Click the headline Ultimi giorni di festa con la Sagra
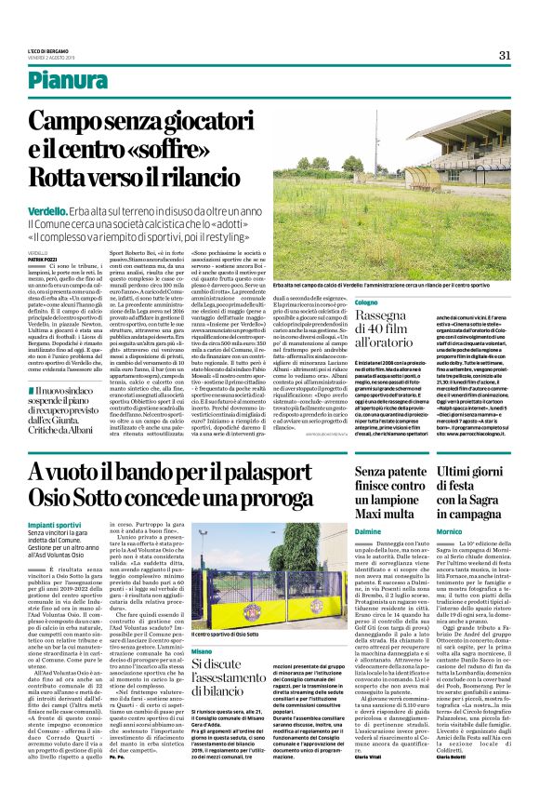(478, 493)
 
